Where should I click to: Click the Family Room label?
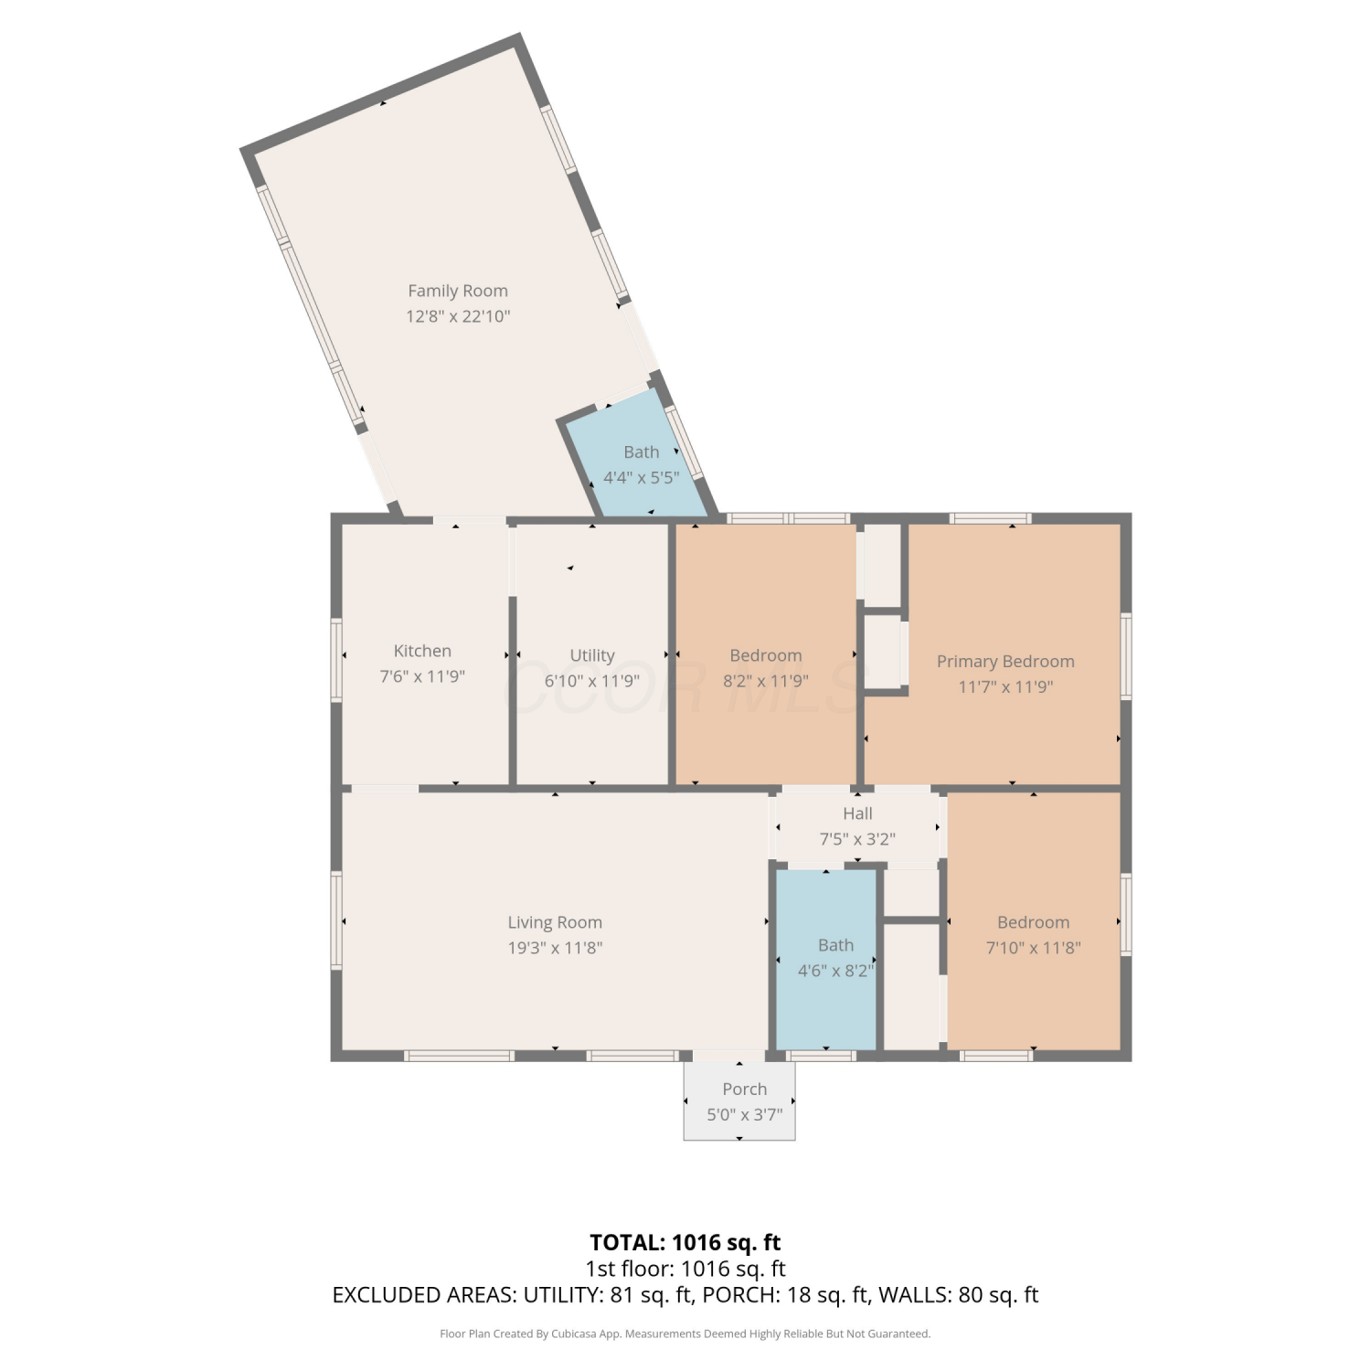[458, 291]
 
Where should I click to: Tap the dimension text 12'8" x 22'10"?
[458, 316]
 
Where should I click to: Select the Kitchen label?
[422, 651]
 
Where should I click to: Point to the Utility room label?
[592, 655]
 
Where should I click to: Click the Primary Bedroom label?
[1005, 662]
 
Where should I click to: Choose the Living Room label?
[555, 923]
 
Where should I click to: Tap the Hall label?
[857, 813]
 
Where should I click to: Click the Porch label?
[745, 1089]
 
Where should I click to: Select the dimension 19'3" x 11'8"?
[555, 948]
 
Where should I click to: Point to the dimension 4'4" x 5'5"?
[642, 477]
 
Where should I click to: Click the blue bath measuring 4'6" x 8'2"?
[826, 960]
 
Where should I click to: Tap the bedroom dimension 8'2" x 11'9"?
[766, 681]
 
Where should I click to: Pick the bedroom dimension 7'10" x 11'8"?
[1034, 948]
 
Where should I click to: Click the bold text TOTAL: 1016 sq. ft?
[685, 1243]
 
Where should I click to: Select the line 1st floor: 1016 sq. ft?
[685, 1269]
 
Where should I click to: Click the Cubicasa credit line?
[685, 1334]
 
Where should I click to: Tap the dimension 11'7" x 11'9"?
[1005, 687]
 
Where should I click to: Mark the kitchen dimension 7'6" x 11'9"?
[422, 676]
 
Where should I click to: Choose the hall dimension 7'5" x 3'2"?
[857, 839]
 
